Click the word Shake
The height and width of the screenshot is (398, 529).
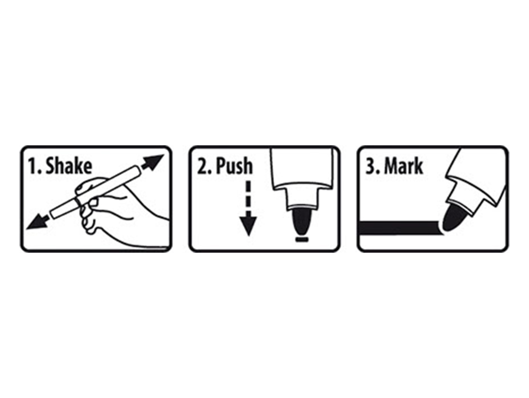point(69,166)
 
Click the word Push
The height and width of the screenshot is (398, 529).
point(234,166)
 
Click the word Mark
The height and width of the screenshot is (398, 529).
point(404,166)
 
